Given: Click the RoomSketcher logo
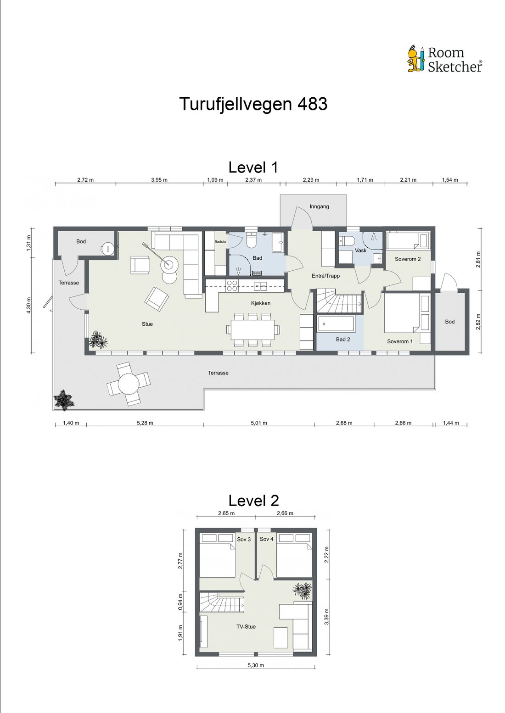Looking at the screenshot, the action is coord(445,59).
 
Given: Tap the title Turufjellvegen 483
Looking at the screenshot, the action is coord(253,104).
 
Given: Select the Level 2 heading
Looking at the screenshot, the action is coord(253,501).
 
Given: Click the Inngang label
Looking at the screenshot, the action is coord(319,206).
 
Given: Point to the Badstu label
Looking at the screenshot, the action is coord(220,242).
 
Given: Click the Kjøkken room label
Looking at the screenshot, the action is coord(260,303).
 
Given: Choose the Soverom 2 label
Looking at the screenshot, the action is coord(408,259).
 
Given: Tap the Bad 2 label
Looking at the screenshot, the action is coord(343,340).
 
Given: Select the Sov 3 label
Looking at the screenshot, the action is coord(244,539).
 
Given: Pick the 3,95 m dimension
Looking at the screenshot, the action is coord(159,180).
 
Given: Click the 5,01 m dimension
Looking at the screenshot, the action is coord(259,423).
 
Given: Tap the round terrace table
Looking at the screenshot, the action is coord(129,384).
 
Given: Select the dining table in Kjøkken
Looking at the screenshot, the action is coord(253,330).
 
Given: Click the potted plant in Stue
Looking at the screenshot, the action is coord(98,340).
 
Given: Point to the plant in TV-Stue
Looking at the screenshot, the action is coord(302,589).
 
